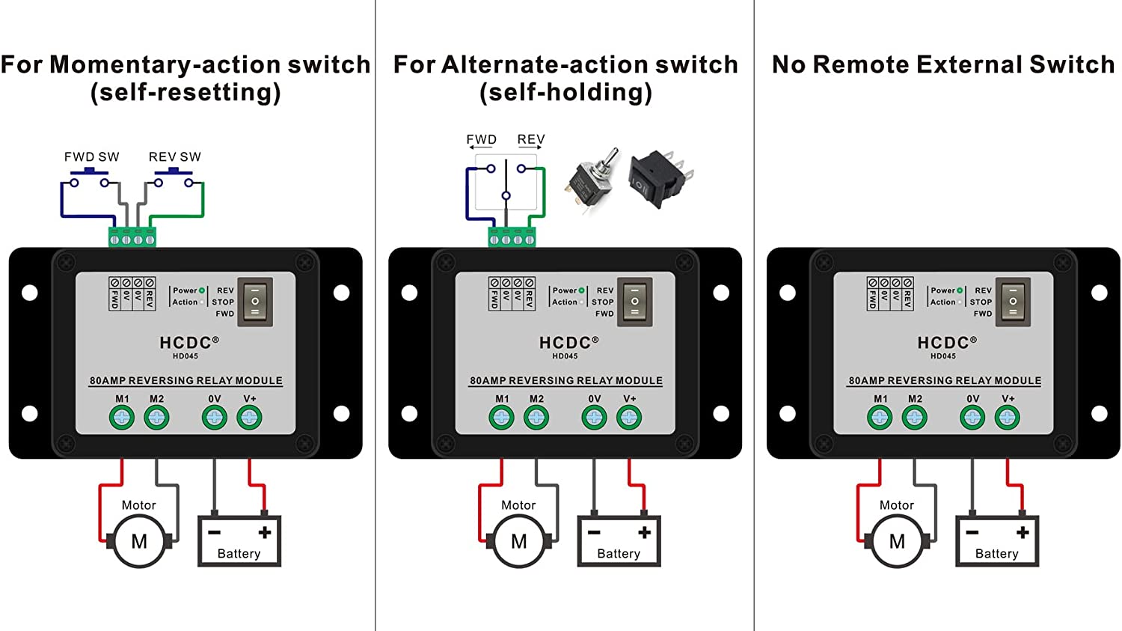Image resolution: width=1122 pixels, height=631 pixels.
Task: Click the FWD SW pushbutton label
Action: [91, 157]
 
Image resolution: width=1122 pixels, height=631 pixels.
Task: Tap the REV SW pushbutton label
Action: [174, 157]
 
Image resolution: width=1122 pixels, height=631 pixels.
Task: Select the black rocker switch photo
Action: [658, 178]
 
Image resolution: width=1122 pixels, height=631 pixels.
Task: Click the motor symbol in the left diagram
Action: [139, 541]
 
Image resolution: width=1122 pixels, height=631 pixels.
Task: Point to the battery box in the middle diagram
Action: [619, 540]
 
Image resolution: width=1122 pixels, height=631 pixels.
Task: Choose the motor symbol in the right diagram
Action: [897, 541]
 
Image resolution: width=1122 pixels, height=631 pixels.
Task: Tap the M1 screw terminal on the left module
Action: [122, 417]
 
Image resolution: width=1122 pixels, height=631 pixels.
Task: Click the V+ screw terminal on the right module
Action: [1008, 417]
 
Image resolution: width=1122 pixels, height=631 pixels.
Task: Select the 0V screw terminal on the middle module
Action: [594, 417]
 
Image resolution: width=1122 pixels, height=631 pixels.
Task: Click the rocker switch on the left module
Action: [255, 302]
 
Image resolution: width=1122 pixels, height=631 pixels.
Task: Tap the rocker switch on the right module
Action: [1014, 302]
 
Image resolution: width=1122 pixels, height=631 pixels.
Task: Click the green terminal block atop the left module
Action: [132, 237]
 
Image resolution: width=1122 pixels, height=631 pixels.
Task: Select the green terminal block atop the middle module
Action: [512, 237]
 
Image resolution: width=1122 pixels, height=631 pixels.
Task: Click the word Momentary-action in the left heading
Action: [165, 65]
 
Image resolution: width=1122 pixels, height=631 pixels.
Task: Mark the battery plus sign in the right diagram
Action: [1023, 532]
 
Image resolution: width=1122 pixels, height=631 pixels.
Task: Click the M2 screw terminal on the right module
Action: [915, 417]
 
